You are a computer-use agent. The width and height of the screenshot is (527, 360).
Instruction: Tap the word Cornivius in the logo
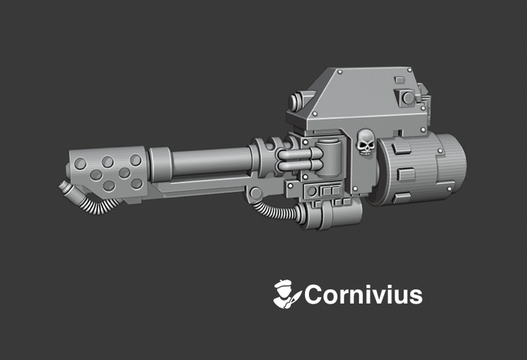pyautogui.click(x=363, y=295)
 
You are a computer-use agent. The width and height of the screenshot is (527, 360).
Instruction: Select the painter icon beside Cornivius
pyautogui.click(x=287, y=294)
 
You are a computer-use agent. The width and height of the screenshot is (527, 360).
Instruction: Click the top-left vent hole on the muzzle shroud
pyautogui.click(x=80, y=163)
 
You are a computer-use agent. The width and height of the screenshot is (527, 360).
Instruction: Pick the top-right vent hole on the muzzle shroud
pyautogui.click(x=135, y=160)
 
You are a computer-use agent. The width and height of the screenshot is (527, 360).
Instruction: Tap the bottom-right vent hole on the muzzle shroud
pyautogui.click(x=136, y=184)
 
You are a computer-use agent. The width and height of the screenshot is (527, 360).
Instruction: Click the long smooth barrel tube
pyautogui.click(x=211, y=160)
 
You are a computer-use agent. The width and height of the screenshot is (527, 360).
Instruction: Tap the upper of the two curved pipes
pyautogui.click(x=296, y=155)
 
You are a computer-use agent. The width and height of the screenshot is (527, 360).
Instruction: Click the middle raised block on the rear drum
pyautogui.click(x=406, y=174)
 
